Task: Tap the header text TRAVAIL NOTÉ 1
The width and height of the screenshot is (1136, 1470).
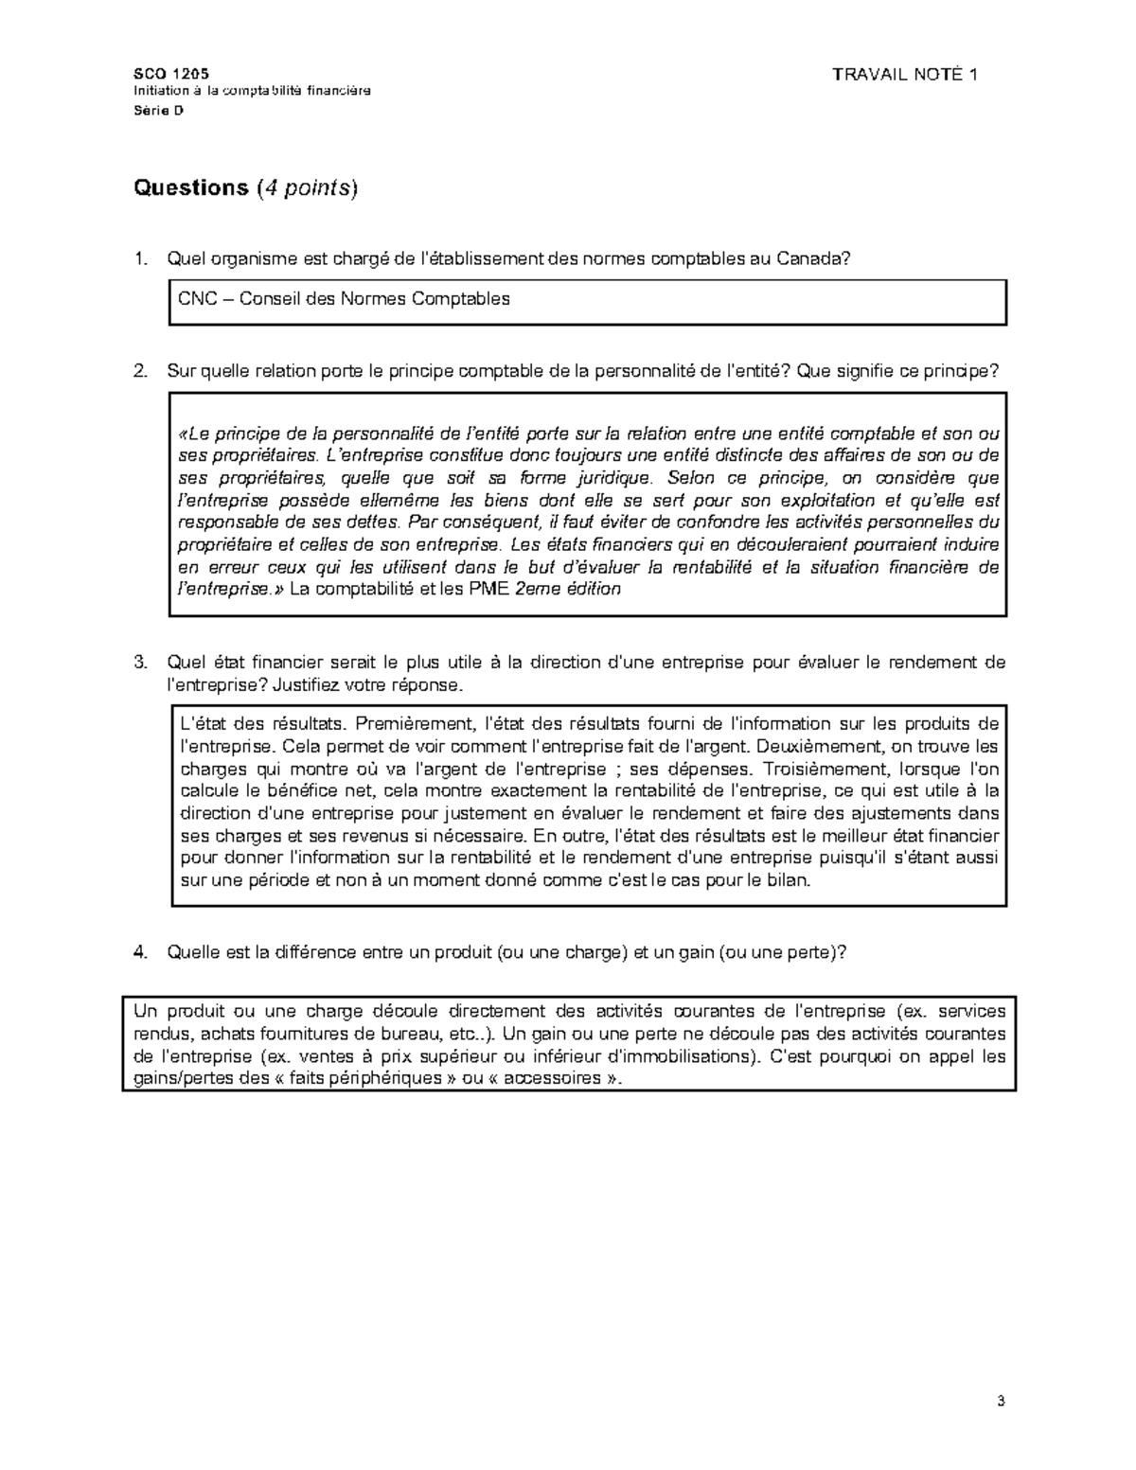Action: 904,75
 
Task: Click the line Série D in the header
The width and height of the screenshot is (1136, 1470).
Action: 158,111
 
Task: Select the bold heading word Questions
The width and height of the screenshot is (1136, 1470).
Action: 190,188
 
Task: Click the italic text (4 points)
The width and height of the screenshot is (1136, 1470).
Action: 308,188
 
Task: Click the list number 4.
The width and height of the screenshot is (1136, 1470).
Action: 140,952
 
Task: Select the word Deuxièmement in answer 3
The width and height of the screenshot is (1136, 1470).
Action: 825,747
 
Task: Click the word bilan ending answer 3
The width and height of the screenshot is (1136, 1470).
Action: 789,880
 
